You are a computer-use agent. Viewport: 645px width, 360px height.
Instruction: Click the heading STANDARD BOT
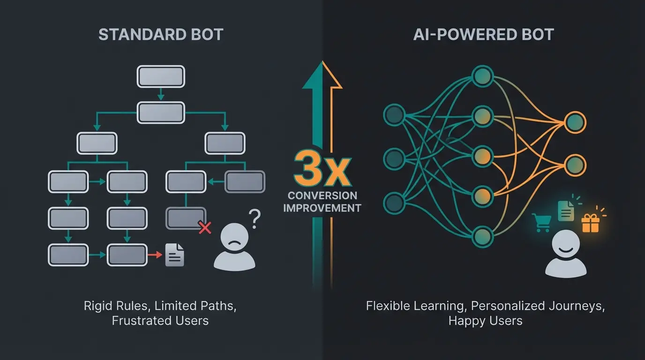coord(160,35)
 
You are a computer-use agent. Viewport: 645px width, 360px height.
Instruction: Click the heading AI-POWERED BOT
coord(484,35)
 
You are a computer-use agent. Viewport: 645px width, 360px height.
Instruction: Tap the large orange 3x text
coord(322,170)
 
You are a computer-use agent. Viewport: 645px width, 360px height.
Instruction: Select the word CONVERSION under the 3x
coord(322,195)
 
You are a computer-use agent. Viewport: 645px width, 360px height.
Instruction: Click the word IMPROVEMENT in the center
coord(322,208)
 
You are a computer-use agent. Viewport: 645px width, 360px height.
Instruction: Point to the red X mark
coord(205,228)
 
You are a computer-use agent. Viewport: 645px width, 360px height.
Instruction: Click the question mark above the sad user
coord(254,218)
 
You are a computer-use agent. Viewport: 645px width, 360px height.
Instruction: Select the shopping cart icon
coord(541,223)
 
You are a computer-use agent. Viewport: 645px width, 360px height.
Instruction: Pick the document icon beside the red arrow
coord(175,255)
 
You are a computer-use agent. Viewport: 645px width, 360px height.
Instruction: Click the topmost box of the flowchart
coord(160,76)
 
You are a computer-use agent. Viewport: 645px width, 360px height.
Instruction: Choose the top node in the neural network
coord(483,75)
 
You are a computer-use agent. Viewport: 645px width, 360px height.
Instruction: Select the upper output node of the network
coord(575,122)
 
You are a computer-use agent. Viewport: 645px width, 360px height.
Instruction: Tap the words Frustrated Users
coord(160,321)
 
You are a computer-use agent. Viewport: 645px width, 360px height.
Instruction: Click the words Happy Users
coord(485,321)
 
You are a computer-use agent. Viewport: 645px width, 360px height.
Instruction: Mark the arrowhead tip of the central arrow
coord(322,62)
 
